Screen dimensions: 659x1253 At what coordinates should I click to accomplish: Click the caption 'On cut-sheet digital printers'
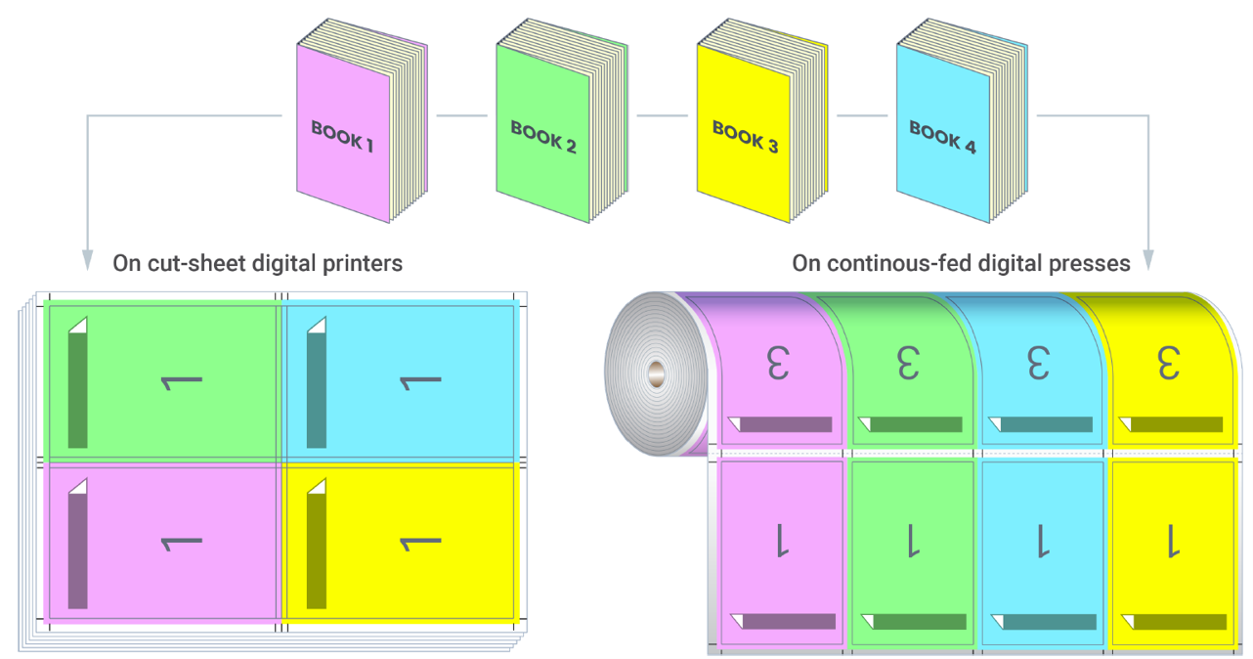point(258,263)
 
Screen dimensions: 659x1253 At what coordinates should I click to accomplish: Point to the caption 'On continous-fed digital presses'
point(961,263)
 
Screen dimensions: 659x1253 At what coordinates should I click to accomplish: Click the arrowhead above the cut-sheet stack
point(89,260)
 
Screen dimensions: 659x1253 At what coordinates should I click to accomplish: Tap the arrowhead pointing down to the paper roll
point(1147,260)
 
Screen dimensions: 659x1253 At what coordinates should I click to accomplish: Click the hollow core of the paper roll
point(656,372)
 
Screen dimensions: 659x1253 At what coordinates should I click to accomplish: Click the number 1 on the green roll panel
point(911,540)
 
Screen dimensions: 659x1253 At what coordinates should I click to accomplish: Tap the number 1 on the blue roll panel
point(1042,540)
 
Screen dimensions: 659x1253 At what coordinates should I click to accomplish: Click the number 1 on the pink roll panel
point(780,540)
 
